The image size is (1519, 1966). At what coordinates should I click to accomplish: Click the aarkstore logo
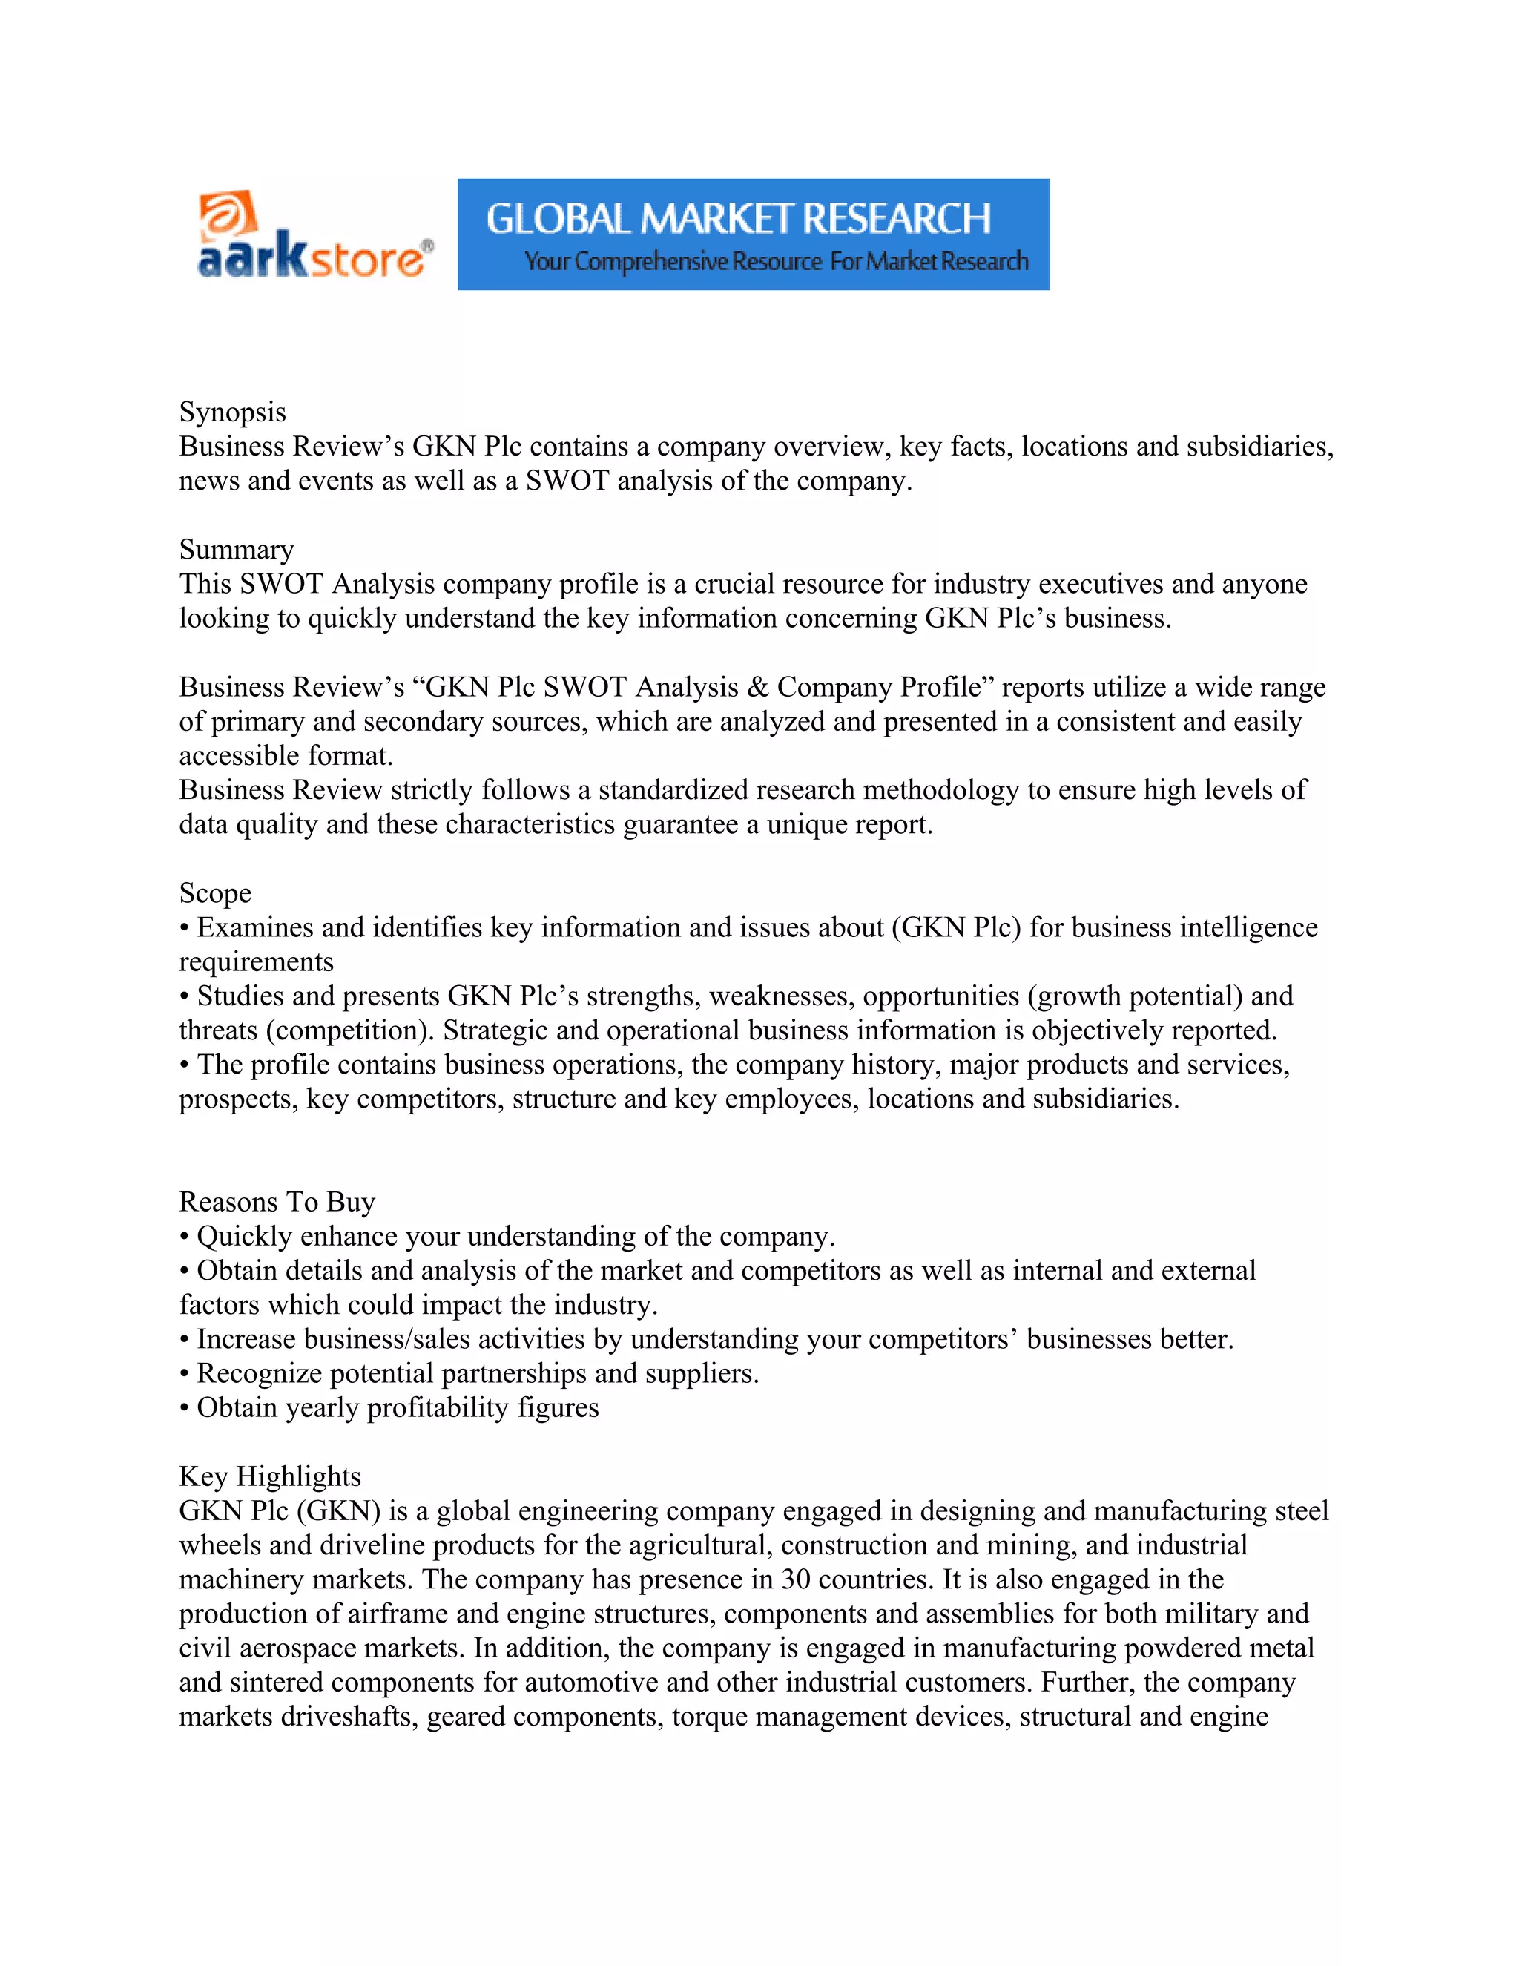click(314, 236)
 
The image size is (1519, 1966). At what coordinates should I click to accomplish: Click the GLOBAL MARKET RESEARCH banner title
click(738, 219)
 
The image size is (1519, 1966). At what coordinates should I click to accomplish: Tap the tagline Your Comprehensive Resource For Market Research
click(776, 261)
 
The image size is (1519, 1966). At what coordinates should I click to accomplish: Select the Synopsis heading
click(232, 412)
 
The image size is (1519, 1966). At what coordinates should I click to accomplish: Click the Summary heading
click(237, 550)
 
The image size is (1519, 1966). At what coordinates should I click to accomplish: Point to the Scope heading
click(215, 893)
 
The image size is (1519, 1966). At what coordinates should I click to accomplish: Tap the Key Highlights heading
click(270, 1476)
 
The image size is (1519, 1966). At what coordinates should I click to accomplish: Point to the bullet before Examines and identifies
click(185, 929)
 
